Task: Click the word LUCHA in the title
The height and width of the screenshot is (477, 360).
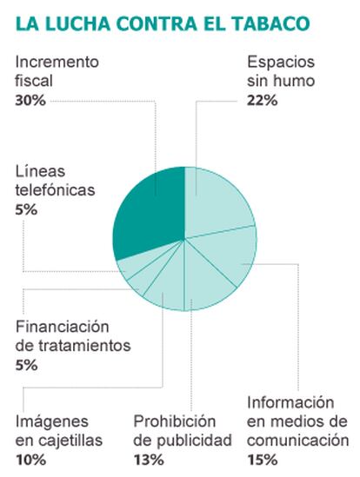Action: [x=77, y=23]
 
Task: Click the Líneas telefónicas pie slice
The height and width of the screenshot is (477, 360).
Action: [x=134, y=265]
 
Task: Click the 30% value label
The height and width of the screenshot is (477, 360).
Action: [x=30, y=101]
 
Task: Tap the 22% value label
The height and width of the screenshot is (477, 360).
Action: [x=263, y=101]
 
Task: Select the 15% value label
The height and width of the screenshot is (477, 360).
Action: [x=263, y=460]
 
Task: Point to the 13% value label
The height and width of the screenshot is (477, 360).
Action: [x=149, y=460]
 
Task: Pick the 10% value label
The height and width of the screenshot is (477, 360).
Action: [x=30, y=460]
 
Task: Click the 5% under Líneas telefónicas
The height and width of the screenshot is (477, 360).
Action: [x=26, y=210]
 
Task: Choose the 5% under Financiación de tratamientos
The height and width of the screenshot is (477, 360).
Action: [x=26, y=365]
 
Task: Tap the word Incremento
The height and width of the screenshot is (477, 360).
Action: [x=57, y=62]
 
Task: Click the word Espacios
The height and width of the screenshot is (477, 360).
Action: [x=281, y=63]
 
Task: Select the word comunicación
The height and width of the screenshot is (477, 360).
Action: [x=297, y=441]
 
